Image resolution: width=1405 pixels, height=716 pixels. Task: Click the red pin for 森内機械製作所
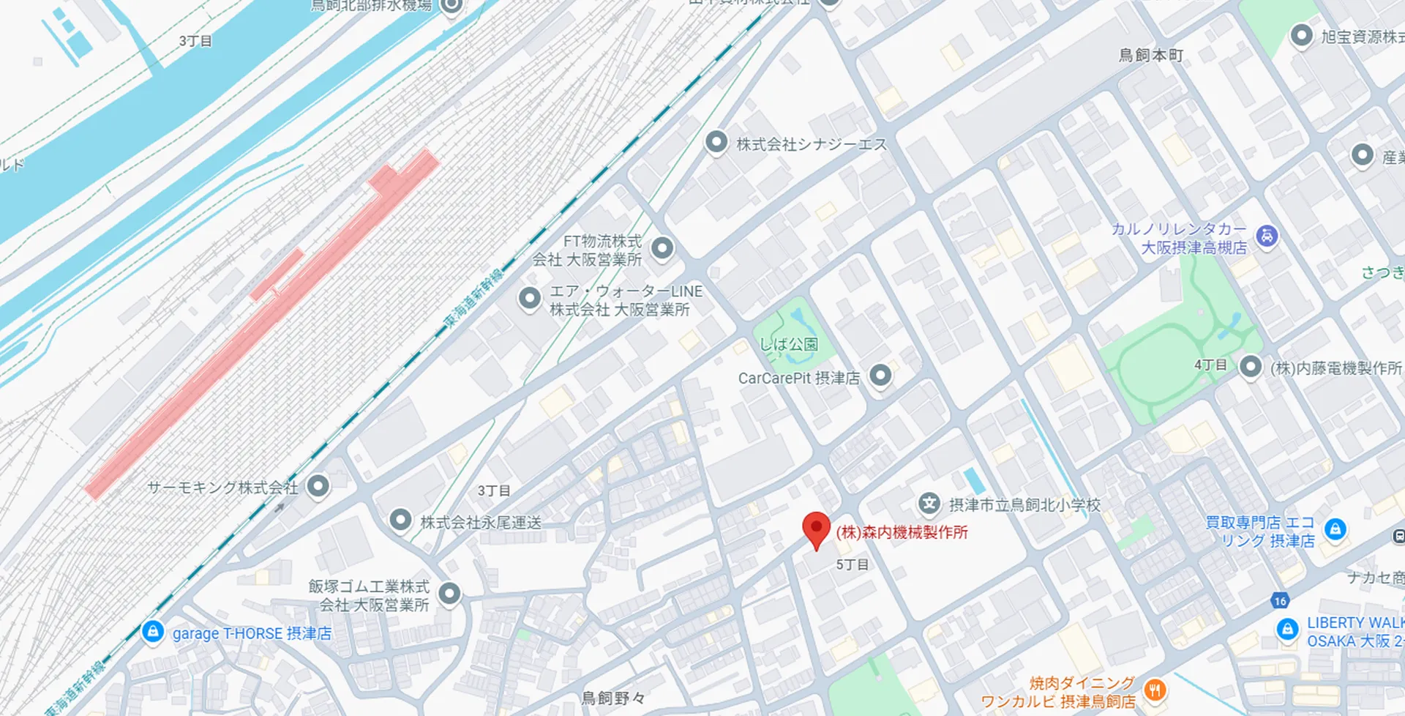click(x=816, y=529)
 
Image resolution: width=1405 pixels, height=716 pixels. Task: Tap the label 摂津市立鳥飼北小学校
click(x=1024, y=505)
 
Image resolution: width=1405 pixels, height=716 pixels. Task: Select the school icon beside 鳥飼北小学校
click(x=929, y=504)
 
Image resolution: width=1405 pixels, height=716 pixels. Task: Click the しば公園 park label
click(x=789, y=344)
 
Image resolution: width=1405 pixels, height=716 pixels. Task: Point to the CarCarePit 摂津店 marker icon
click(x=880, y=376)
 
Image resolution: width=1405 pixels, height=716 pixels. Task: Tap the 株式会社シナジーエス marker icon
click(x=716, y=142)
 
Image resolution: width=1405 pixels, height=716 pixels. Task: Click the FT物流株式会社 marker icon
click(x=662, y=248)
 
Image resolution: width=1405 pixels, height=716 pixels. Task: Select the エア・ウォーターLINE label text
click(x=626, y=291)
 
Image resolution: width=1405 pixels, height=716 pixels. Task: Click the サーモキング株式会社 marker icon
click(x=318, y=485)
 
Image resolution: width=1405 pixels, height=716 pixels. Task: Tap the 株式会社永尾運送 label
click(x=481, y=522)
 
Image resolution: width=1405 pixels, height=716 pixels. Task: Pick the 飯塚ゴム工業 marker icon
click(x=449, y=594)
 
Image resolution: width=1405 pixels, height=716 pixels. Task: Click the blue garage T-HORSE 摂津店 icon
click(x=153, y=631)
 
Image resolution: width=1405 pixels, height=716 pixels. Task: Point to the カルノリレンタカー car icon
click(x=1267, y=236)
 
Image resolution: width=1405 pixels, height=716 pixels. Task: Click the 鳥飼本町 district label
click(x=1150, y=56)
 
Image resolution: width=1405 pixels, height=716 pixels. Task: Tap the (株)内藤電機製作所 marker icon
click(x=1251, y=366)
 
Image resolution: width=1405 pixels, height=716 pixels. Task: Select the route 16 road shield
click(x=1279, y=601)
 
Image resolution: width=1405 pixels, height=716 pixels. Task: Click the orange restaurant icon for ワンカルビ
click(x=1154, y=690)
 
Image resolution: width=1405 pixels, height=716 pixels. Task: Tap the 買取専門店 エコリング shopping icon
click(x=1335, y=529)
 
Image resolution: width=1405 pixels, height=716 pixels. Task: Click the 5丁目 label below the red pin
click(x=853, y=564)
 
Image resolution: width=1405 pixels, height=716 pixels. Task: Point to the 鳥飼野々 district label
click(x=613, y=698)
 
